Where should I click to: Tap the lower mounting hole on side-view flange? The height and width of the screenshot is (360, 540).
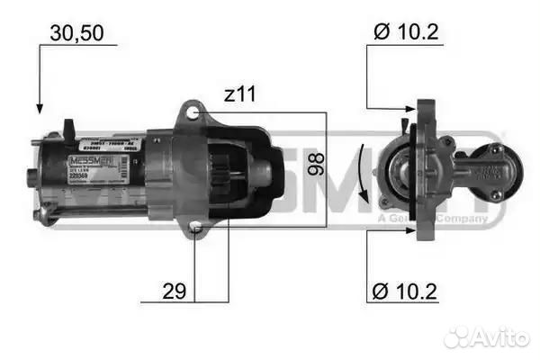pyautogui.click(x=196, y=231)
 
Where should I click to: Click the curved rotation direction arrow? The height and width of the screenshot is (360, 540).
pyautogui.click(x=361, y=171)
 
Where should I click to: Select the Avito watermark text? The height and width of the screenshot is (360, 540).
pyautogui.click(x=499, y=337)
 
